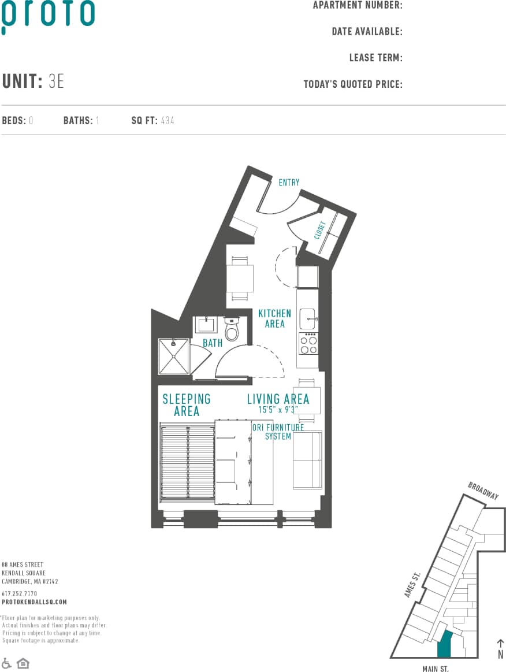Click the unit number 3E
pyautogui.click(x=57, y=81)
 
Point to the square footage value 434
pyautogui.click(x=168, y=121)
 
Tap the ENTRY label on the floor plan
pyautogui.click(x=289, y=183)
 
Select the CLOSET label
pyautogui.click(x=321, y=229)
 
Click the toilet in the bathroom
pyautogui.click(x=232, y=330)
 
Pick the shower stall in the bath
pyautogui.click(x=173, y=356)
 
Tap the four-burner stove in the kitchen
pyautogui.click(x=308, y=344)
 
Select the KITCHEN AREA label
pyautogui.click(x=275, y=318)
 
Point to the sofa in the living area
pyautogui.click(x=307, y=460)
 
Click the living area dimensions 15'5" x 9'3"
pyautogui.click(x=278, y=410)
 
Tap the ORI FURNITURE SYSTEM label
pyautogui.click(x=278, y=432)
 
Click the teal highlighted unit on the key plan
pyautogui.click(x=444, y=644)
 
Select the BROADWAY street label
pyautogui.click(x=483, y=491)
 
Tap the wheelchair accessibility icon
pyautogui.click(x=7, y=663)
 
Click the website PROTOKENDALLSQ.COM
pyautogui.click(x=34, y=602)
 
